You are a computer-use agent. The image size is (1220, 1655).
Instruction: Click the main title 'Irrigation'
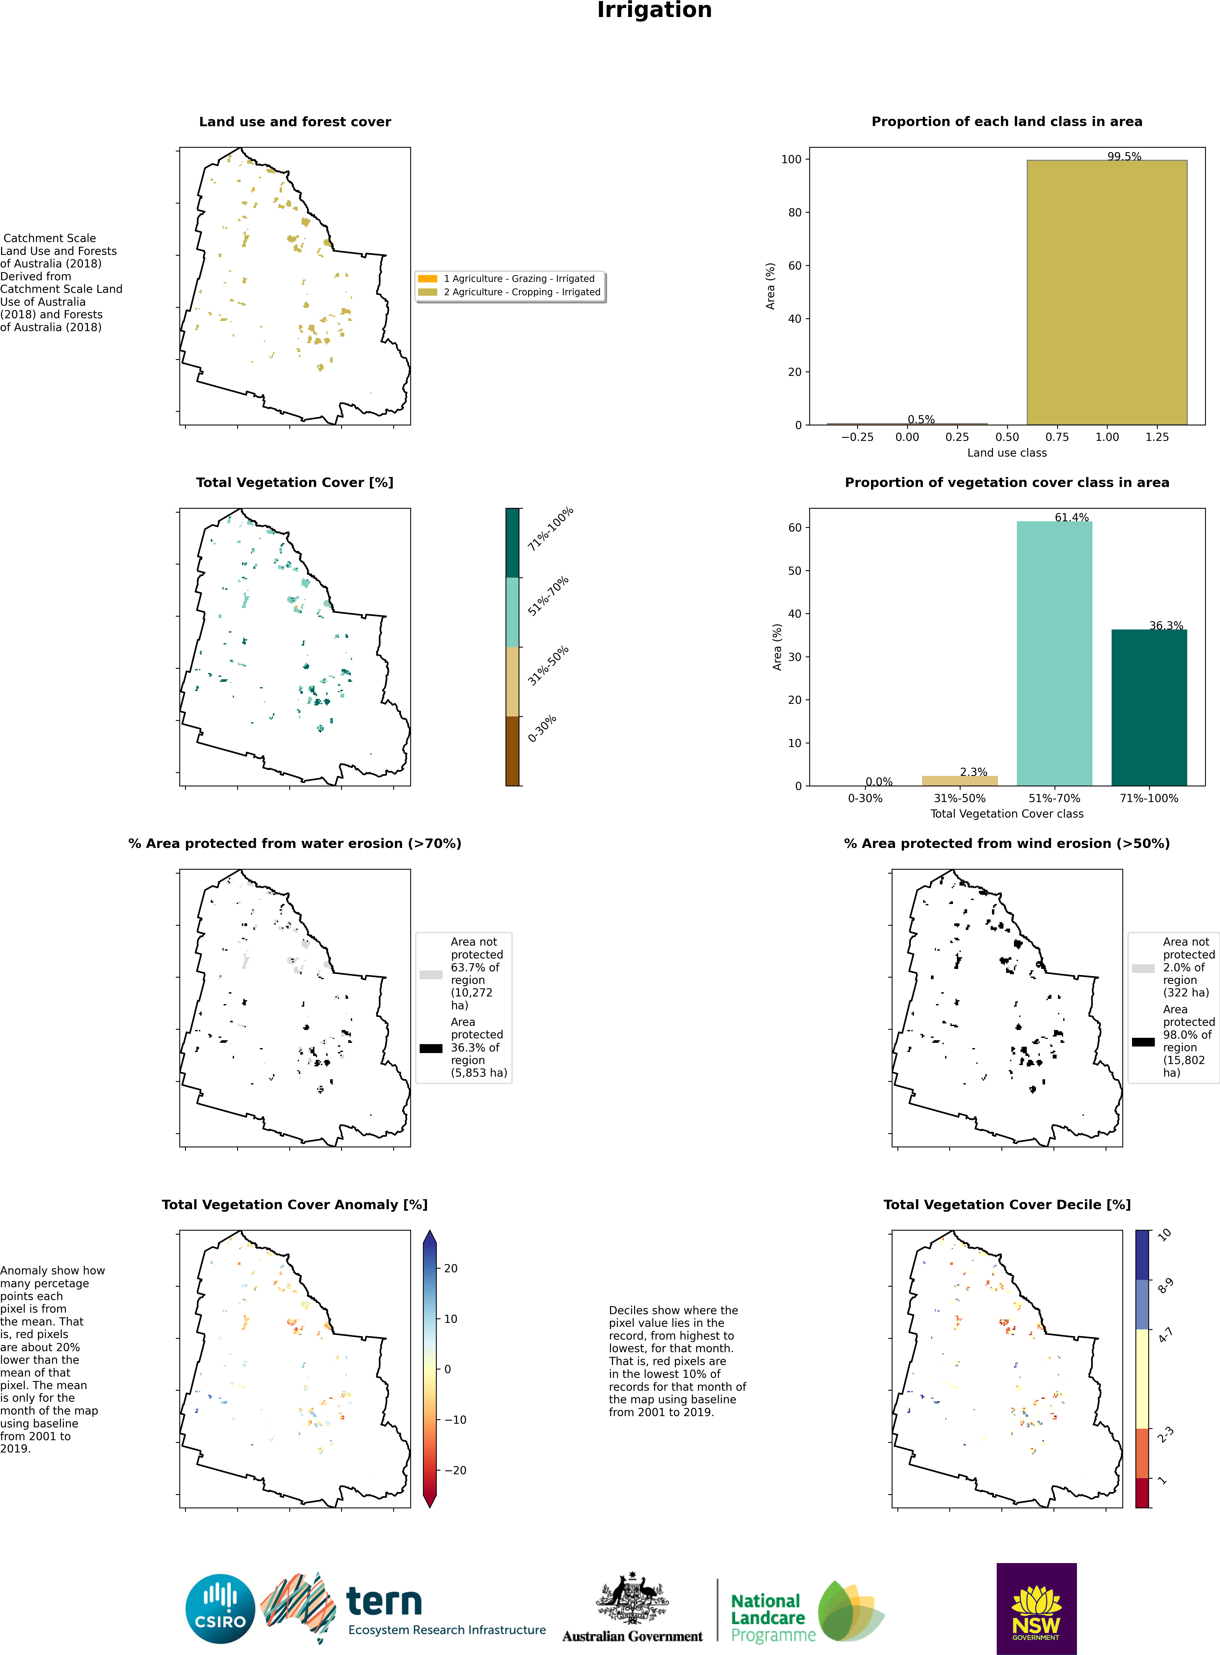coord(654,10)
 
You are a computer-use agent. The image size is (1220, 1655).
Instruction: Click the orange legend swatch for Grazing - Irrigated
coord(428,278)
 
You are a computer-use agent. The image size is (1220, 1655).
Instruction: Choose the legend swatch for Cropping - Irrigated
coord(428,292)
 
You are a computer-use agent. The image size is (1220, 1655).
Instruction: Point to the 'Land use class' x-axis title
coord(1007,453)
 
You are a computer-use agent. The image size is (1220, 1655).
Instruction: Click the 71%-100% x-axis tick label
coord(1148,798)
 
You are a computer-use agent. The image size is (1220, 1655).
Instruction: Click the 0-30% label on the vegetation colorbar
coord(542,728)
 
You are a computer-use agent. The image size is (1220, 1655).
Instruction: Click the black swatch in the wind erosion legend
coord(1143,1042)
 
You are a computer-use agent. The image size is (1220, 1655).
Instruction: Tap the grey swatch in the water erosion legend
coord(431,974)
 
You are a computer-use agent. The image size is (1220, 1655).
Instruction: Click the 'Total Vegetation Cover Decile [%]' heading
coord(1007,1204)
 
